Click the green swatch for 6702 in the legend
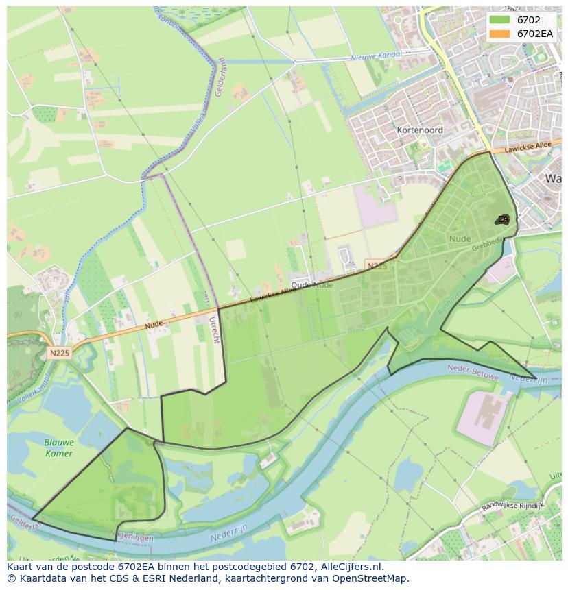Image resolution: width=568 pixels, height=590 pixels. pyautogui.click(x=499, y=20)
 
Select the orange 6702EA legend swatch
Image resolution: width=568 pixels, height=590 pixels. pyautogui.click(x=499, y=33)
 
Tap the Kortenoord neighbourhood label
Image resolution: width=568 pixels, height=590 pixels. pyautogui.click(x=420, y=130)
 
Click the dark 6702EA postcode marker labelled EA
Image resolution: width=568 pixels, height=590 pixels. pyautogui.click(x=504, y=219)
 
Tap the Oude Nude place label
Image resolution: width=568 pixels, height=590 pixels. pyautogui.click(x=311, y=285)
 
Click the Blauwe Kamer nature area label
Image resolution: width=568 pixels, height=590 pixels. pyautogui.click(x=58, y=447)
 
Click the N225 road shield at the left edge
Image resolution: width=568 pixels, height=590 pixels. pyautogui.click(x=60, y=353)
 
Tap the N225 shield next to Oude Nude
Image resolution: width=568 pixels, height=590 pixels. pyautogui.click(x=376, y=265)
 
